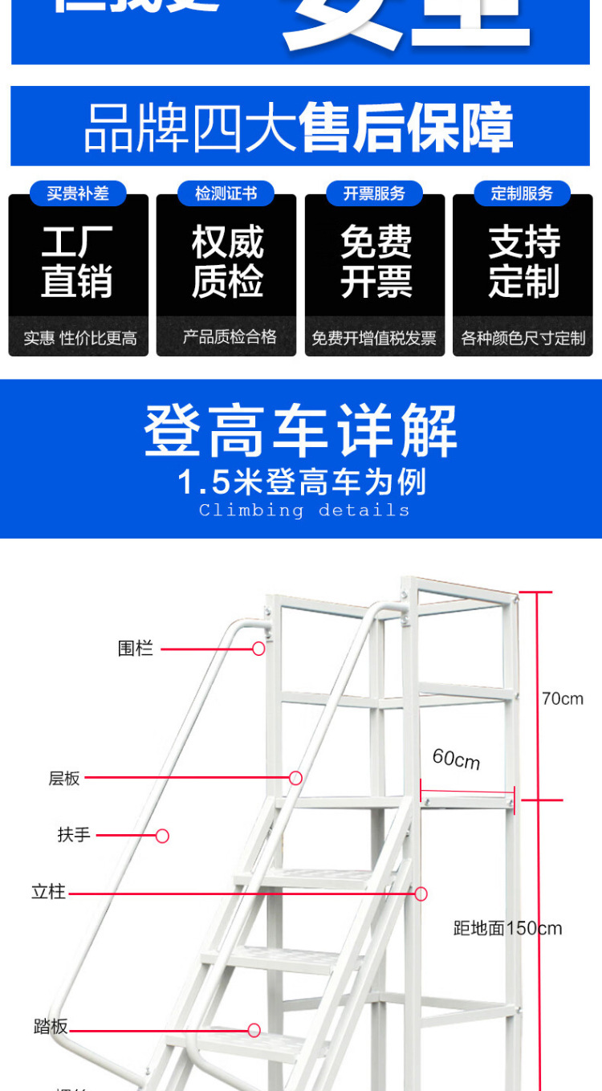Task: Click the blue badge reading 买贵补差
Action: [x=78, y=193]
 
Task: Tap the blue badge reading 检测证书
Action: [x=226, y=193]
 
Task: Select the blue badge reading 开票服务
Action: [x=375, y=193]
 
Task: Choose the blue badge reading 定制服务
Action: [x=523, y=193]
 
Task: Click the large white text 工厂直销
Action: [x=77, y=262]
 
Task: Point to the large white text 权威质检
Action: [x=227, y=262]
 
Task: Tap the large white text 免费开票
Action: [x=376, y=262]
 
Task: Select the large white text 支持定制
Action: [x=523, y=262]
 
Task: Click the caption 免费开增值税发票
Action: [x=375, y=338]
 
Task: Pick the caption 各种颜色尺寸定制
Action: [x=523, y=338]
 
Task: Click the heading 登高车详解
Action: [x=301, y=431]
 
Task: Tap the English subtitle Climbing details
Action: [x=304, y=511]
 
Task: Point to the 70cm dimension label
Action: [x=562, y=699]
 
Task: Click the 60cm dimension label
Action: [x=456, y=759]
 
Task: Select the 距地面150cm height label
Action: [x=507, y=929]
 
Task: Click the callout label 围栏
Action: [x=135, y=649]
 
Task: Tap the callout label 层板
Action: [x=64, y=778]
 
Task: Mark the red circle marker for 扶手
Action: [x=162, y=836]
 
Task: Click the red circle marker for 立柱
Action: [x=421, y=894]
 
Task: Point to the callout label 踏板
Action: [x=51, y=1027]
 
